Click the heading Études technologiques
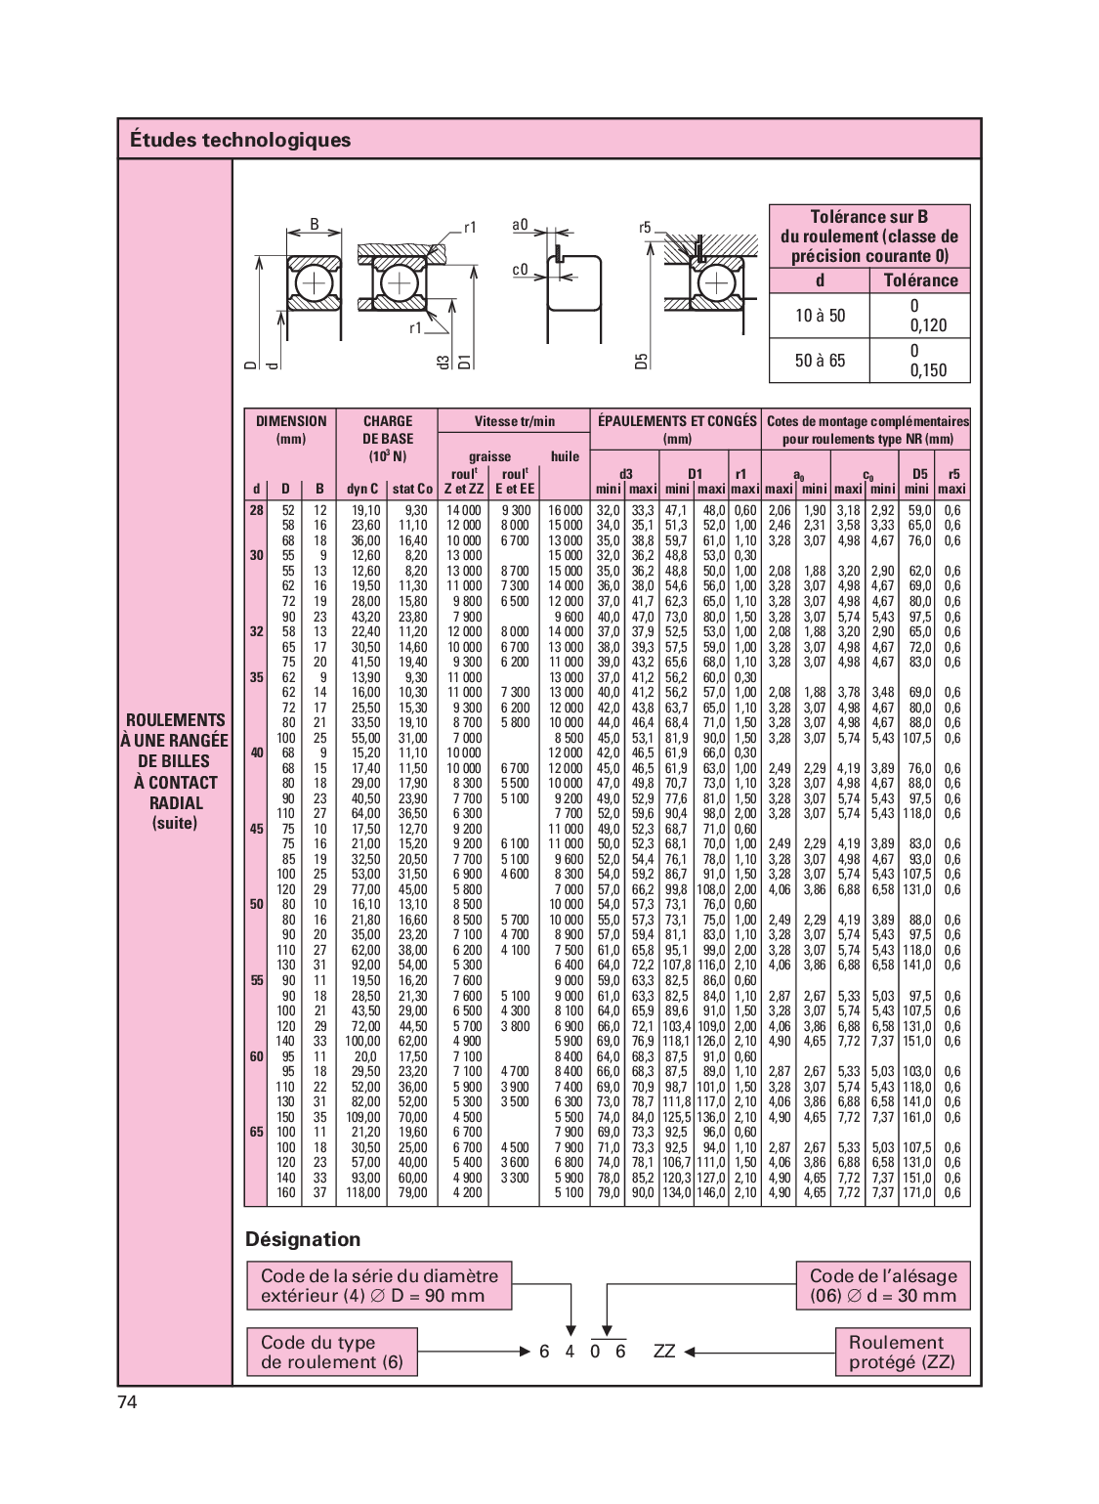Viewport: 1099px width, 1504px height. [x=239, y=140]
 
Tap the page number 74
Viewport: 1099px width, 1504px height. [x=127, y=1402]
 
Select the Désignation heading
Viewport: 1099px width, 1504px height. [x=303, y=1239]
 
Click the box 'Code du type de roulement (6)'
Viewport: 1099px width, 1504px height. [x=332, y=1352]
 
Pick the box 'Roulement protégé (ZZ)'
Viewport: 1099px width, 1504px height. [x=902, y=1352]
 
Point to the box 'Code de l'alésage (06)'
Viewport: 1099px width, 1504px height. [x=883, y=1285]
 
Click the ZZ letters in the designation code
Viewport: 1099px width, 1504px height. [x=664, y=1352]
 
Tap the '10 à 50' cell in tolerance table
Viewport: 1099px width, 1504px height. [x=820, y=316]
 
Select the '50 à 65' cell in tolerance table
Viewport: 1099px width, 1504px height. [x=820, y=361]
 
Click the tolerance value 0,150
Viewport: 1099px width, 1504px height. [x=928, y=370]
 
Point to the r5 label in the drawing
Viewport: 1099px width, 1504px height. [x=645, y=228]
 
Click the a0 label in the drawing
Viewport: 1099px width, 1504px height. [x=520, y=225]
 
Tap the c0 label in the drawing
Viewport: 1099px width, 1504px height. [x=520, y=270]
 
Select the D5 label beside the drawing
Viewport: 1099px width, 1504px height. [x=642, y=361]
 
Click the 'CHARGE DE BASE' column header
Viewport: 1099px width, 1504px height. [x=388, y=439]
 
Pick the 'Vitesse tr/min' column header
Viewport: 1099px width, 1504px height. [x=514, y=421]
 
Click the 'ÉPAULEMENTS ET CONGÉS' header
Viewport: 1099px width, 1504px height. [x=677, y=421]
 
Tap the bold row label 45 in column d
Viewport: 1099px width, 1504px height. [x=256, y=829]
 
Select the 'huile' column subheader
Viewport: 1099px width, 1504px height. [x=565, y=456]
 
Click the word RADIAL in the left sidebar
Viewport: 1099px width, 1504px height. [x=176, y=803]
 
